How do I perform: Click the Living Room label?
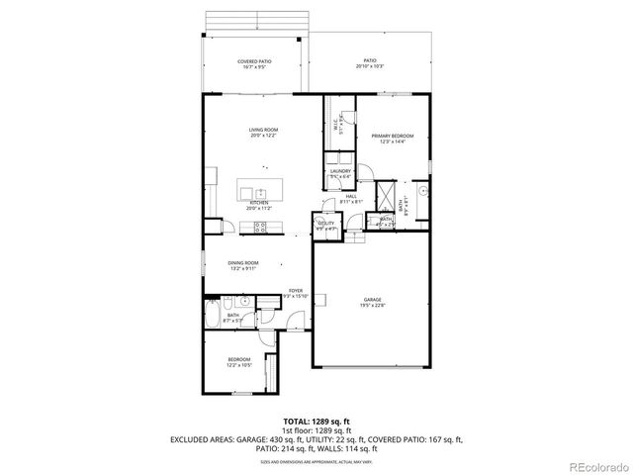[x=261, y=130]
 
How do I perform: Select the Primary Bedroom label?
[x=393, y=136]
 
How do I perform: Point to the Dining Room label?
[x=242, y=264]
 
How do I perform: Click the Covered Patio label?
[x=254, y=61]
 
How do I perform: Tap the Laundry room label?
[x=340, y=171]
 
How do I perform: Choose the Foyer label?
[x=295, y=291]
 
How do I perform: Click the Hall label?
[x=351, y=197]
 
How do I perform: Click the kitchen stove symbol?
[x=261, y=228]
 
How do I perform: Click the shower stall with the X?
[x=389, y=188]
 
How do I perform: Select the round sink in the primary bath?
[x=421, y=188]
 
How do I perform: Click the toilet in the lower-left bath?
[x=228, y=301]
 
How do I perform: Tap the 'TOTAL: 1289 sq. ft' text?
[x=316, y=421]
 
